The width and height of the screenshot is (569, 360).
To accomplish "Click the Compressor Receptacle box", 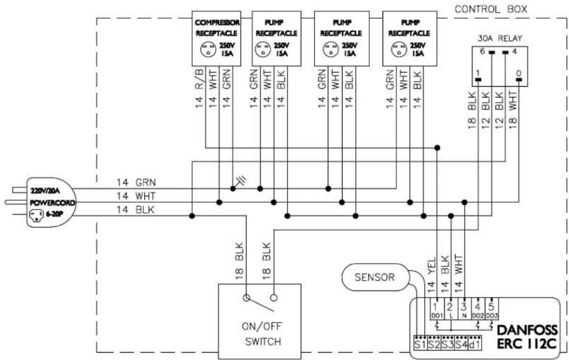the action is coord(216,38).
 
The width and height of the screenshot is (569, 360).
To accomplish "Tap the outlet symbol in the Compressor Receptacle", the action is coord(208,50).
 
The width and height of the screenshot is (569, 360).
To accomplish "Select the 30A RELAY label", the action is coord(500,38).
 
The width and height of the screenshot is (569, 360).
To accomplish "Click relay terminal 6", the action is coord(492,53).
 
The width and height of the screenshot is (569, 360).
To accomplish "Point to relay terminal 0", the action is coord(519,79).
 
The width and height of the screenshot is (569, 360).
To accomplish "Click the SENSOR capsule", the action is coord(375,277).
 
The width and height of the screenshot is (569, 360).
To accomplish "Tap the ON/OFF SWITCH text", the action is coord(262,334).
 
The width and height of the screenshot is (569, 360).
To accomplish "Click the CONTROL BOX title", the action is coord(491,9).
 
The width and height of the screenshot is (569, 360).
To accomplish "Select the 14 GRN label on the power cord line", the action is coord(136,182).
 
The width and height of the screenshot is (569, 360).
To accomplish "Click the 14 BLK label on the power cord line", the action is coord(135,210).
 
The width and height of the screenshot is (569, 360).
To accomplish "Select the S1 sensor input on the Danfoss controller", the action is coord(420,343).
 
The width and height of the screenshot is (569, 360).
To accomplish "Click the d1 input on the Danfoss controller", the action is coord(475,343).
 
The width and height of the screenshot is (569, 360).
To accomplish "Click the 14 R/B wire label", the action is coord(199,89).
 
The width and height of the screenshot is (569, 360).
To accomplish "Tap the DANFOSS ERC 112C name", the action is coord(527,337).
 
